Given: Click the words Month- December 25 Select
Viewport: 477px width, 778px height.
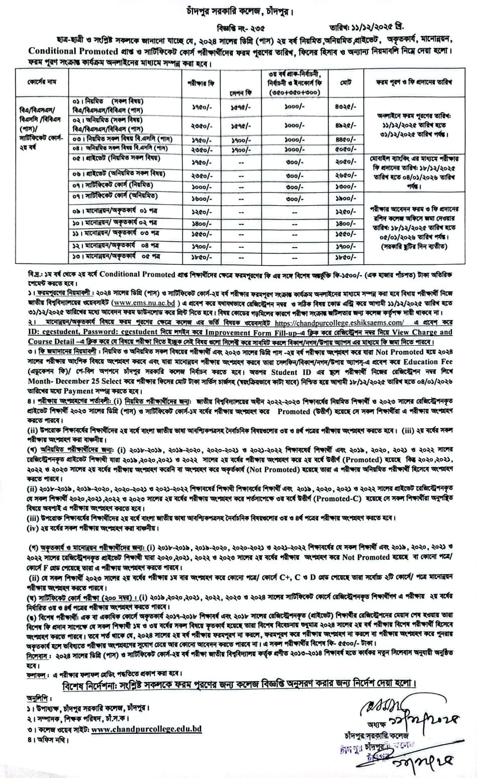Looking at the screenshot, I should coord(72,382).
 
